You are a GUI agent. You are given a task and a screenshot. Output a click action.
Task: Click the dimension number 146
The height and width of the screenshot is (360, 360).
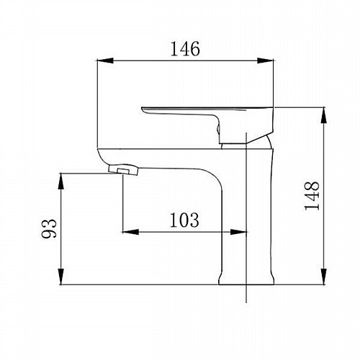185,49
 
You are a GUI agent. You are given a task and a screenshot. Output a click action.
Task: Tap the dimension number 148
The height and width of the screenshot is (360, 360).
312,196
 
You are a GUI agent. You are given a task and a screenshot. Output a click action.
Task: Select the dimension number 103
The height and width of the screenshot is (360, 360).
184,220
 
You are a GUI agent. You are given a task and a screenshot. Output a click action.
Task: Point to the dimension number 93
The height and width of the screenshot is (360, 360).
49,228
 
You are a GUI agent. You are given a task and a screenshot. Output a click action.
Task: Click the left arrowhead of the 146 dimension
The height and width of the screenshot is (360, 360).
104,60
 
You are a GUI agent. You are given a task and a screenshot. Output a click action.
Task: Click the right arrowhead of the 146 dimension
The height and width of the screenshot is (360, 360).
265,60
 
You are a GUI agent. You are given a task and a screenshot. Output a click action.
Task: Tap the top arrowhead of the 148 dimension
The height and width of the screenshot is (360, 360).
324,115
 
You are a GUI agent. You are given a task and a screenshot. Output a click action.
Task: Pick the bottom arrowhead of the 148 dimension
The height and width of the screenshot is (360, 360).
324,276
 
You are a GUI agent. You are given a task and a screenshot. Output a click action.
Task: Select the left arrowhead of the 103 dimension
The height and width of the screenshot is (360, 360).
131,232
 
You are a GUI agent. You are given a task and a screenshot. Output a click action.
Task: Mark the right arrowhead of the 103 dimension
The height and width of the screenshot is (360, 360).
238,232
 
